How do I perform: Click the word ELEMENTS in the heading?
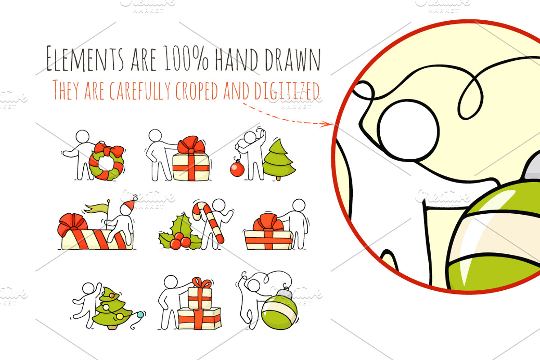click(85, 59)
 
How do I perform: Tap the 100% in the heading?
click(186, 58)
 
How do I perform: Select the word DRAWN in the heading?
click(292, 59)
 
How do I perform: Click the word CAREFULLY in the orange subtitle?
click(140, 90)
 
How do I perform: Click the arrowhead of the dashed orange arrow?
click(328, 124)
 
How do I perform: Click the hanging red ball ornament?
click(237, 169)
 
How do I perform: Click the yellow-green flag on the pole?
click(96, 208)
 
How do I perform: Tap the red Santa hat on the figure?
click(129, 205)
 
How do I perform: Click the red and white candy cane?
click(208, 221)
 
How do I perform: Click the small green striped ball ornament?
click(279, 311)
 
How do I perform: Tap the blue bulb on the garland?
click(140, 315)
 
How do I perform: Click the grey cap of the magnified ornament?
click(533, 166)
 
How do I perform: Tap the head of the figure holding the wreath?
click(82, 136)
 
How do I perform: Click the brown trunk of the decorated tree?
click(112, 327)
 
